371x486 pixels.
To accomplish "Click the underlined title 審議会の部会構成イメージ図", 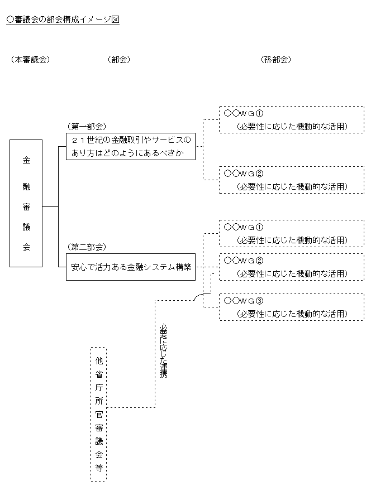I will pyautogui.click(x=63, y=20).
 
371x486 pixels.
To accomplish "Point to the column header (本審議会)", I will pyautogui.click(x=30, y=60).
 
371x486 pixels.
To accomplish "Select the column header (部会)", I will pyautogui.click(x=118, y=60).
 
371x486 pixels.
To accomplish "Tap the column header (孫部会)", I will pyautogui.click(x=275, y=60).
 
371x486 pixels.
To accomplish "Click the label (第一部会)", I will pyautogui.click(x=86, y=127).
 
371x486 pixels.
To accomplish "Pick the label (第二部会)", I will pyautogui.click(x=86, y=247).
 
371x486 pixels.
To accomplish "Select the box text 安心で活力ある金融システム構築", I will pyautogui.click(x=131, y=267).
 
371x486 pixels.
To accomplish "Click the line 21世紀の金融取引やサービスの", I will pyautogui.click(x=131, y=139).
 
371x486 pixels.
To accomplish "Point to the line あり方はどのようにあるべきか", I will pyautogui.click(x=127, y=153).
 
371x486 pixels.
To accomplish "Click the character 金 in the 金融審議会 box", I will pyautogui.click(x=26, y=160).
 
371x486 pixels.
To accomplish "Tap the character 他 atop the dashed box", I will pyautogui.click(x=98, y=360).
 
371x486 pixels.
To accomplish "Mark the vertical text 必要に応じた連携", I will pyautogui.click(x=163, y=351).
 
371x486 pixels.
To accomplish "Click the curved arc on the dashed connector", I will pyautogui.click(x=202, y=296).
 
